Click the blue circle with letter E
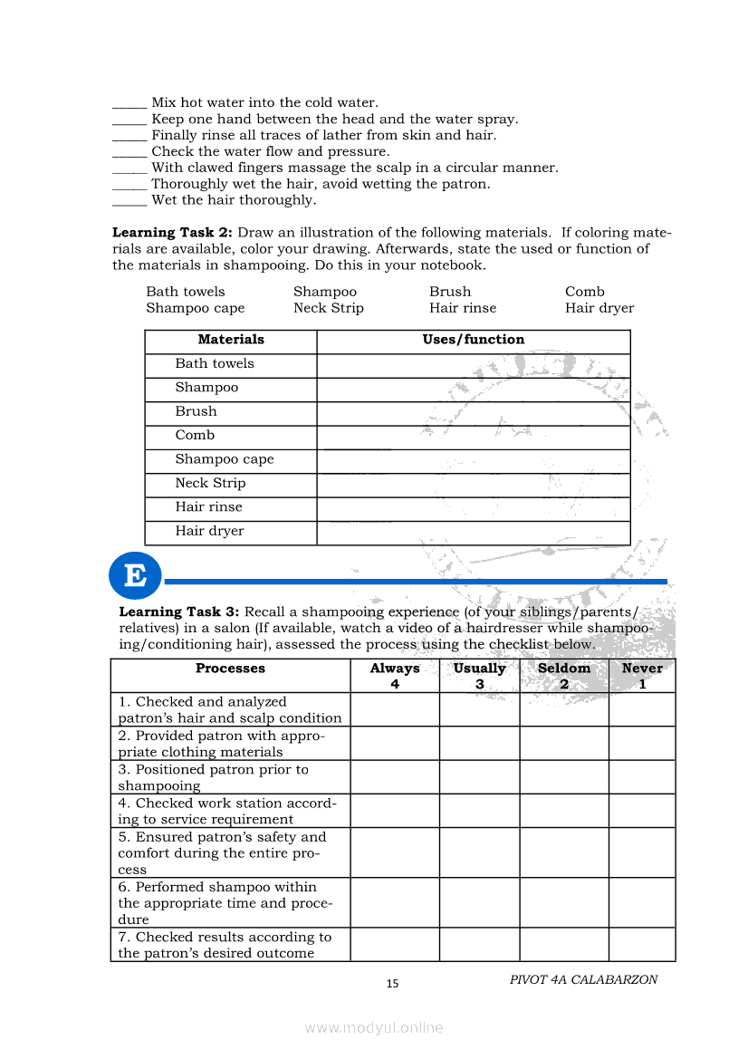[135, 576]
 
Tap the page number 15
[392, 984]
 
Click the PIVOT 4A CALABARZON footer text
[583, 979]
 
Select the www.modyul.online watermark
[374, 1027]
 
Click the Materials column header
[231, 340]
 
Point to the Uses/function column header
[473, 340]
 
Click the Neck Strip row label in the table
[210, 483]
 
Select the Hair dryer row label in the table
[209, 531]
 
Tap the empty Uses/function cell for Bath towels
[473, 364]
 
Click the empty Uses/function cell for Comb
[473, 436]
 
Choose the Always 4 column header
[395, 676]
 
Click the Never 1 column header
[642, 676]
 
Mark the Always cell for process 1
[395, 709]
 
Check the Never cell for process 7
[642, 944]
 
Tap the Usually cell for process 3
[479, 777]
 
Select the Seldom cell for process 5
[564, 852]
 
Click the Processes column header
[230, 669]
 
